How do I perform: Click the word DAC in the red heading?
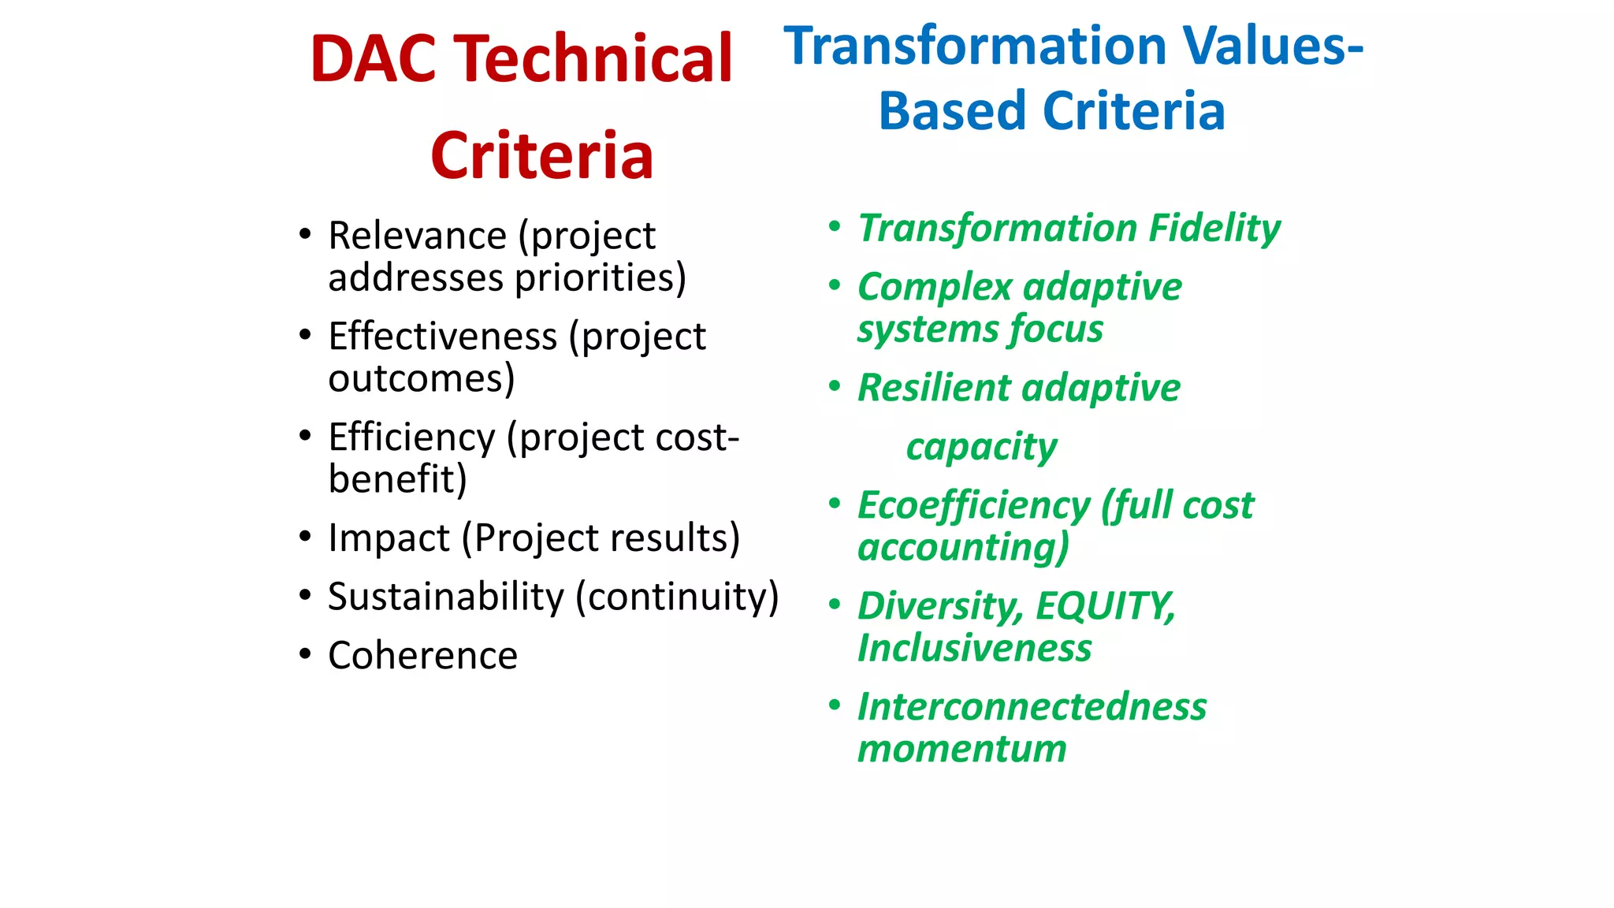pyautogui.click(x=373, y=59)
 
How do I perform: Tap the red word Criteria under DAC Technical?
pyautogui.click(x=542, y=156)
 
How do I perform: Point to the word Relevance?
pyautogui.click(x=417, y=236)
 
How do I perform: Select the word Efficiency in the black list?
pyautogui.click(x=411, y=437)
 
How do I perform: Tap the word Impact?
pyautogui.click(x=389, y=538)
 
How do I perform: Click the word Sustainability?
pyautogui.click(x=446, y=597)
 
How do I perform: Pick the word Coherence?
pyautogui.click(x=422, y=656)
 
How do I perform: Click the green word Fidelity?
pyautogui.click(x=1214, y=229)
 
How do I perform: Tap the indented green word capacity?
pyautogui.click(x=981, y=447)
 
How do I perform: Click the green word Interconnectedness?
pyautogui.click(x=1032, y=706)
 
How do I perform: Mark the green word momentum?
pyautogui.click(x=961, y=748)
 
